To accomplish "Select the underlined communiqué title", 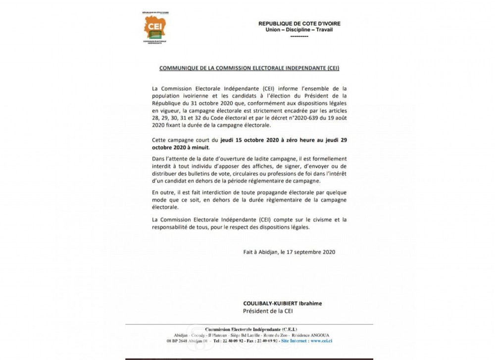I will pyautogui.click(x=246, y=67).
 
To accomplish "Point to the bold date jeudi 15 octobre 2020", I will pyautogui.click(x=235, y=141).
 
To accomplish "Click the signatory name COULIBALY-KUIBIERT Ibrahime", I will pyautogui.click(x=278, y=304).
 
